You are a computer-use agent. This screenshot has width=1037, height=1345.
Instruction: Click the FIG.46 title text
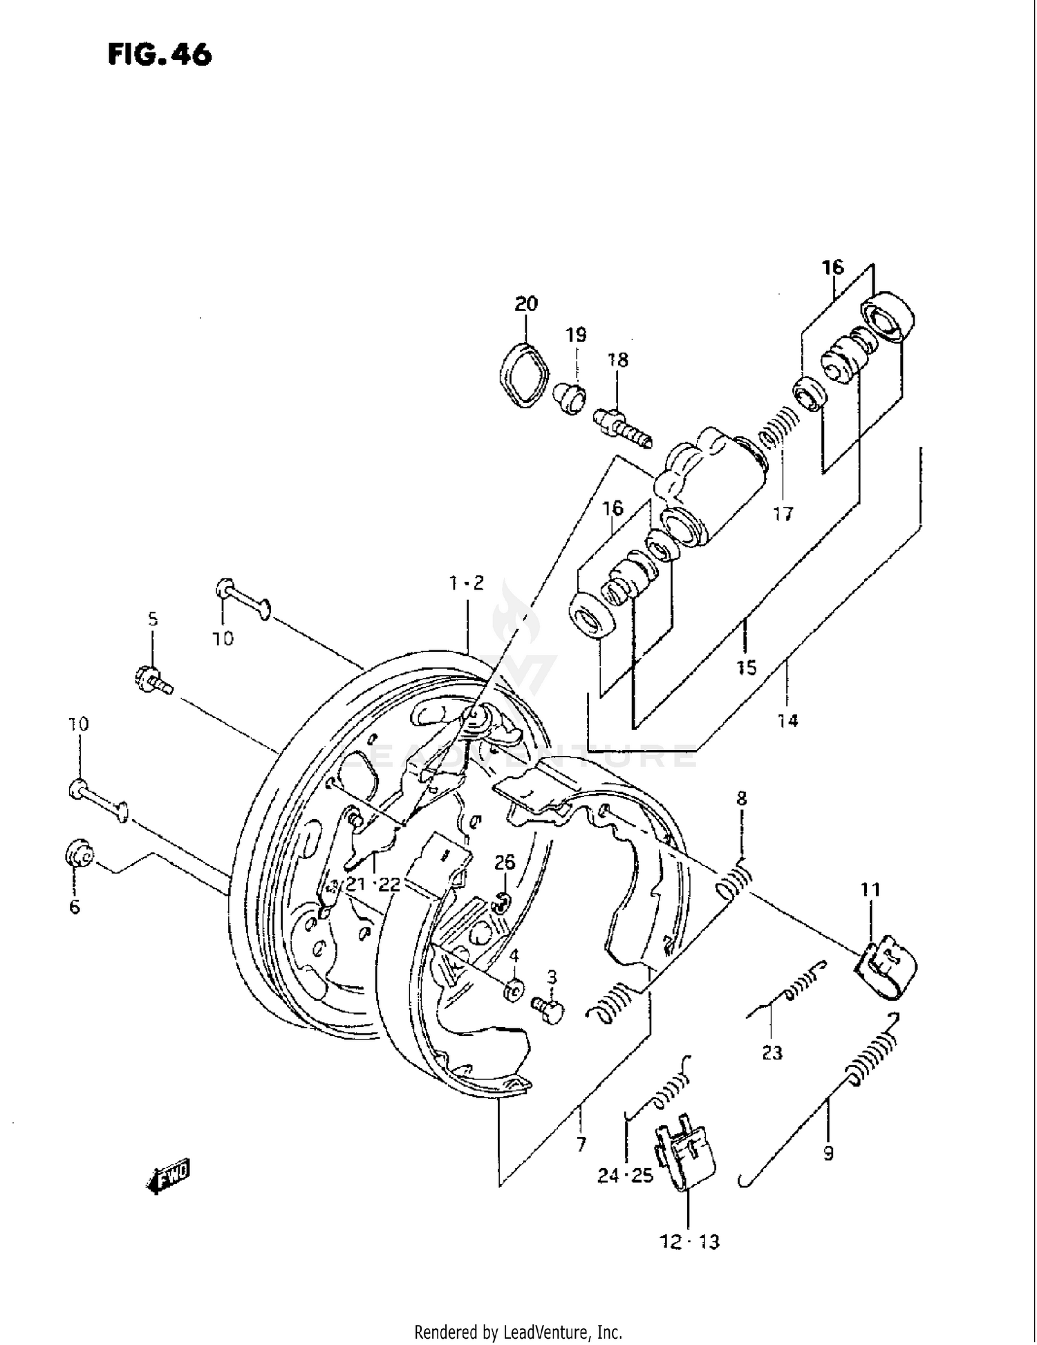[160, 55]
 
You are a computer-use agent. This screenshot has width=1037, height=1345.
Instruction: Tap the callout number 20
[525, 303]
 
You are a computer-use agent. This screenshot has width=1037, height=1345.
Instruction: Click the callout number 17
[783, 514]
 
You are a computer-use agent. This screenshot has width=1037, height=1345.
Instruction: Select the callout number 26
[505, 862]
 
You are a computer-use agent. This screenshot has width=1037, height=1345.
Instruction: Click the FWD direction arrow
[167, 1176]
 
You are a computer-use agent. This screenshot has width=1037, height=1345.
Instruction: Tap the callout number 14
[787, 721]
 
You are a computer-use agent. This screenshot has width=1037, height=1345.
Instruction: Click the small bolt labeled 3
[549, 1012]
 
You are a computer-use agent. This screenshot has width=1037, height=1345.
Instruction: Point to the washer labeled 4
[513, 990]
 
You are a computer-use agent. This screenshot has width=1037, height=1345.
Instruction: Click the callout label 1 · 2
[467, 583]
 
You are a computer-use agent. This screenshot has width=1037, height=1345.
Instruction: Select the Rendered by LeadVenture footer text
[518, 1332]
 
